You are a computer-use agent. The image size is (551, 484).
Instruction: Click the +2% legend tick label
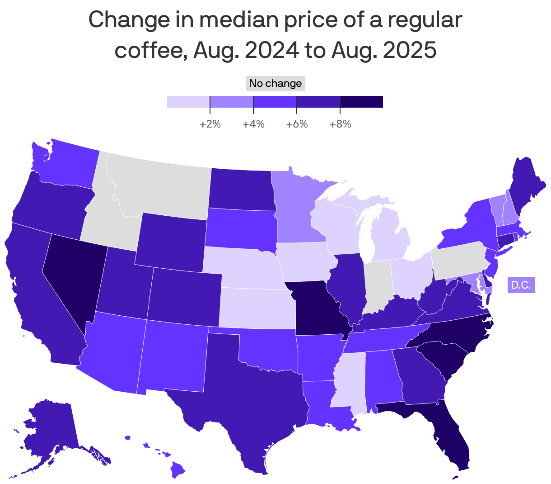(x=210, y=124)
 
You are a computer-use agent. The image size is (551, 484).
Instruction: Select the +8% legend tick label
(x=340, y=124)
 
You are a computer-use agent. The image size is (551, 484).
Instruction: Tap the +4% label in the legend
(x=253, y=124)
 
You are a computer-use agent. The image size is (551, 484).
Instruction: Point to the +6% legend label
(x=297, y=124)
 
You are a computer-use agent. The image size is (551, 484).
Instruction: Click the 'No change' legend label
(x=275, y=84)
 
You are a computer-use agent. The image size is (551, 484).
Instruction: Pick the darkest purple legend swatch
(x=361, y=102)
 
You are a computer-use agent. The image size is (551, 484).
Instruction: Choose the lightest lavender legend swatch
(x=188, y=102)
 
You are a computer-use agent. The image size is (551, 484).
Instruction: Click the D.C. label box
(x=521, y=285)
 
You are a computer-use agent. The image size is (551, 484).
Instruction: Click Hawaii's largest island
(x=179, y=471)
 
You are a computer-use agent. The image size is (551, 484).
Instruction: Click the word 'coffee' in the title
(x=150, y=50)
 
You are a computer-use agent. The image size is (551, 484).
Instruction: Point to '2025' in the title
(x=410, y=50)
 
